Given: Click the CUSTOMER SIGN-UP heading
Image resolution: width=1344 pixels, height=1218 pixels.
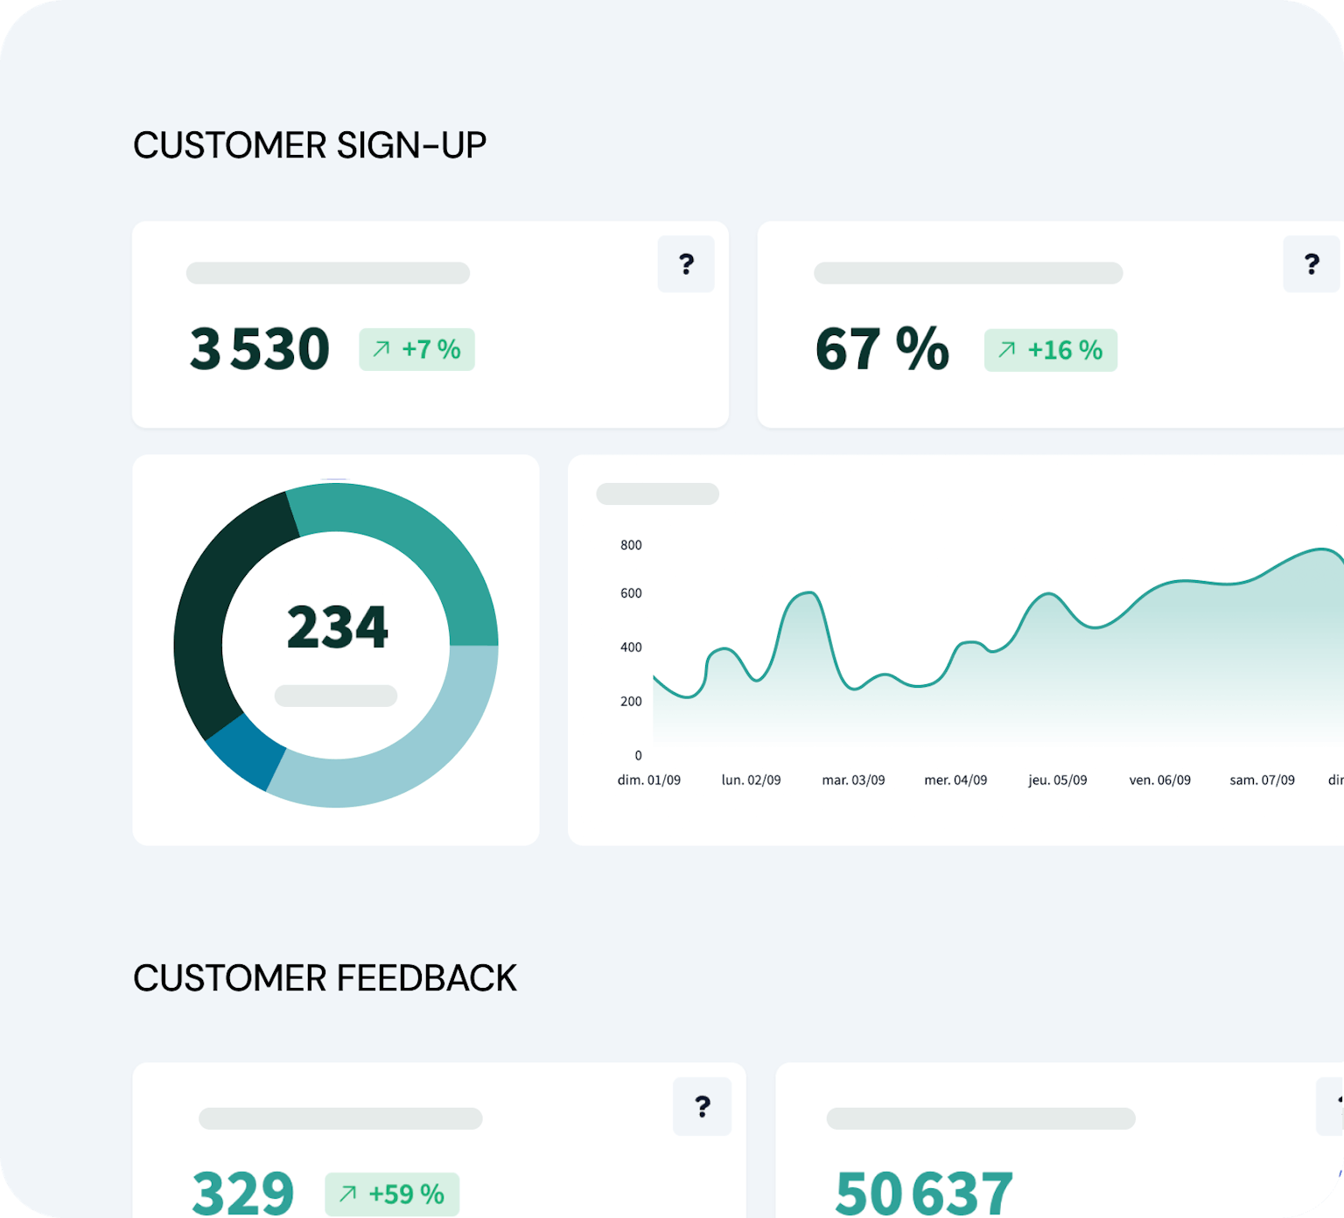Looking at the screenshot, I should [309, 145].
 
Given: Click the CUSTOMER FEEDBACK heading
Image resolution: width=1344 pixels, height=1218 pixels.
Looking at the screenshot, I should [325, 978].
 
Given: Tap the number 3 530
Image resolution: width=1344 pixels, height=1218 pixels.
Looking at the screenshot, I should [260, 349].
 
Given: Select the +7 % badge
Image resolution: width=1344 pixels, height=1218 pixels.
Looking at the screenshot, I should [416, 350].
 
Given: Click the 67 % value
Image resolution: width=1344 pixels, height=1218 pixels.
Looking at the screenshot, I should [882, 349].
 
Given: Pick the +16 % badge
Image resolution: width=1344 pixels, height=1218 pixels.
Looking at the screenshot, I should [1050, 351].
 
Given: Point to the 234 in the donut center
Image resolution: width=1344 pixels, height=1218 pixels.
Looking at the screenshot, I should [337, 627].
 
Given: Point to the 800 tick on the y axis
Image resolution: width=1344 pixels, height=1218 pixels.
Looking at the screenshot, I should [631, 545].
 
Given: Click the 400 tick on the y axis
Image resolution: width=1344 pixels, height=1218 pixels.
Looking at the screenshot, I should [631, 647].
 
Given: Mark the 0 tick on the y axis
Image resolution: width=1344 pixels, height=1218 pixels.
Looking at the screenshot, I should [638, 755].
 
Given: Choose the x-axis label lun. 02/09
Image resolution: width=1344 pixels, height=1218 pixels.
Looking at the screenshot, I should [751, 780].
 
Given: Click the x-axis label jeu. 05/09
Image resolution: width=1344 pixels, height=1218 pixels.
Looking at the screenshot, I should [1057, 780].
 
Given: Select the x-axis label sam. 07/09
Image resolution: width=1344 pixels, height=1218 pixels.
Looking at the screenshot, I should [1262, 780].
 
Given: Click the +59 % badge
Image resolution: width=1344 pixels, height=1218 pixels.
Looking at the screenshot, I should [392, 1194].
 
